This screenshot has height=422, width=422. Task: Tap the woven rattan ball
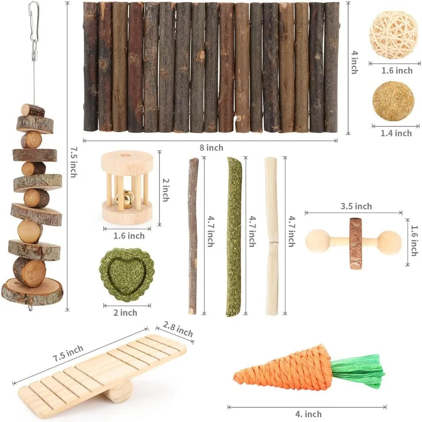pos(393,35)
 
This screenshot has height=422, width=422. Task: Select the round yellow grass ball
pos(393,101)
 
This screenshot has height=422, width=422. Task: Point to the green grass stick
pos(234,237)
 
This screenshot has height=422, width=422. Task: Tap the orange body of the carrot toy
pos(286,370)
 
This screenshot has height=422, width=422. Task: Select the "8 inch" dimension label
pos(211,148)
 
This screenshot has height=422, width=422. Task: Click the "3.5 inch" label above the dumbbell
pos(356,206)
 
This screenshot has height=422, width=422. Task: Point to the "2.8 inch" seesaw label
pos(178,329)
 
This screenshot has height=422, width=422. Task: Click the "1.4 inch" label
pos(396,133)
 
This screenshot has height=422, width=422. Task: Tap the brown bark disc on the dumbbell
pos(355,243)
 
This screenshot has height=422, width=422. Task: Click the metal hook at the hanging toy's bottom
pos(30,308)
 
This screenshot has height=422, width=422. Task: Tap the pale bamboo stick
pos(271,237)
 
